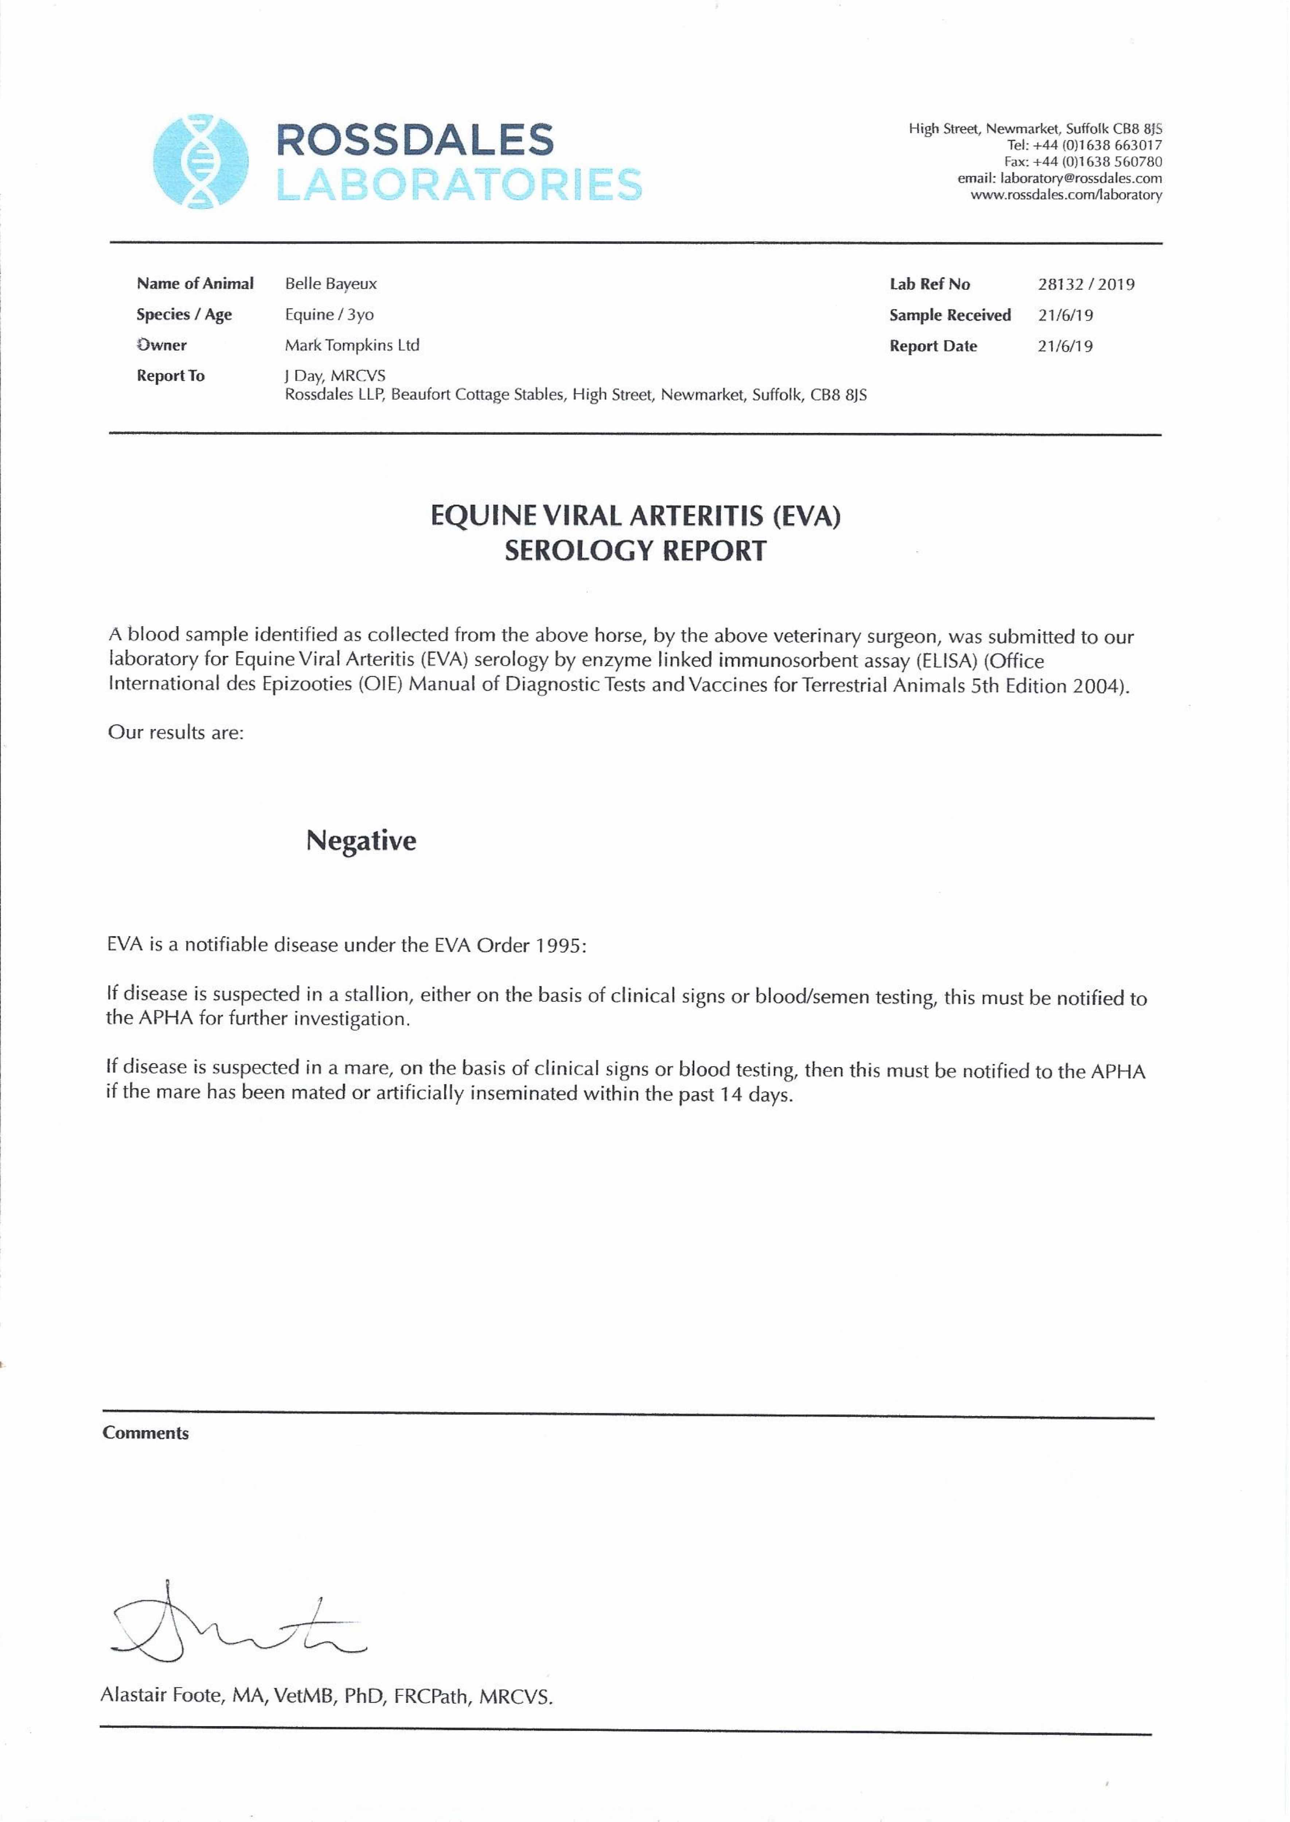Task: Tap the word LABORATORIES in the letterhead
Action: pos(458,185)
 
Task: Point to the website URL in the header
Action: pos(1066,195)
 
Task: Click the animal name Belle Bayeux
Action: pos(331,284)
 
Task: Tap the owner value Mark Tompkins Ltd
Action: pos(352,345)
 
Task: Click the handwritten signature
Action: pos(230,1623)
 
